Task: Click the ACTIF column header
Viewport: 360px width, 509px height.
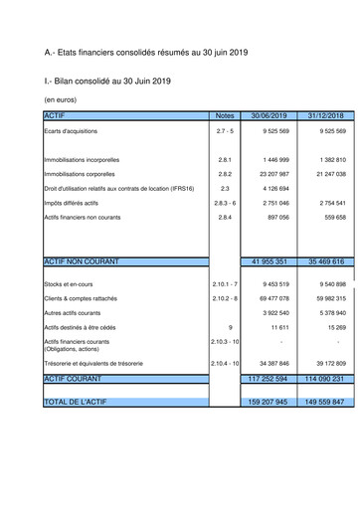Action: click(53, 116)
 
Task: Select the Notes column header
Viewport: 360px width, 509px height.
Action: click(225, 116)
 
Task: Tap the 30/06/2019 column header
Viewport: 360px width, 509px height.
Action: click(270, 116)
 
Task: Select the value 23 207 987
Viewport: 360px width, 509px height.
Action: click(270, 173)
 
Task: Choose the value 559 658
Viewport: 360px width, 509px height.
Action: click(329, 216)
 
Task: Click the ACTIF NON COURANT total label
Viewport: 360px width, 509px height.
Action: click(82, 261)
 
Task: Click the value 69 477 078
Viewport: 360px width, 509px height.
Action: click(270, 298)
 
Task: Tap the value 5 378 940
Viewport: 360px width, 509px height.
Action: click(327, 312)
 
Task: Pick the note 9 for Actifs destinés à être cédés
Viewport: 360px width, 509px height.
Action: click(230, 326)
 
